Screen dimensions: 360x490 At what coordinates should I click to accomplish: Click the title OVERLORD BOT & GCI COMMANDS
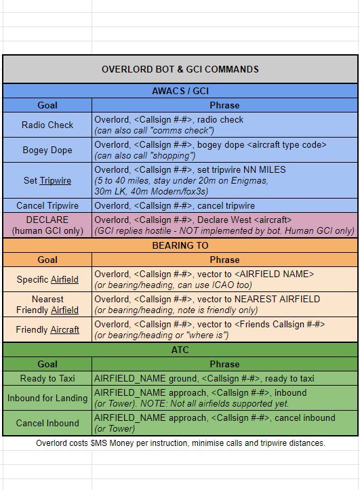tap(180, 69)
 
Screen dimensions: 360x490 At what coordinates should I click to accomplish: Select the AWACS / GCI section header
tap(180, 91)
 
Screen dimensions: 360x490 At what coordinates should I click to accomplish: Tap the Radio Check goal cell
tap(47, 125)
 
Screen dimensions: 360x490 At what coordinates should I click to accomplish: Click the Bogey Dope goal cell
tap(47, 150)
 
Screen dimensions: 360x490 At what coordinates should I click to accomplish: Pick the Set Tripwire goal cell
tap(47, 180)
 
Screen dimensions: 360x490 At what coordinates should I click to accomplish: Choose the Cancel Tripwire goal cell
tap(47, 205)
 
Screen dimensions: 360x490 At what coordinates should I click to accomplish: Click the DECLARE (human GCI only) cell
tap(47, 225)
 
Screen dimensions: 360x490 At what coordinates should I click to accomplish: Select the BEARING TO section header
tap(180, 245)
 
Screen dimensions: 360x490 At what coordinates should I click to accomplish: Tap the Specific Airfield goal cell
tap(47, 279)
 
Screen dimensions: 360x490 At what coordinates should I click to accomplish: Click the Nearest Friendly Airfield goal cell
tap(47, 304)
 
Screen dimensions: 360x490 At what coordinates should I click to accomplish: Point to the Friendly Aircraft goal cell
tap(47, 329)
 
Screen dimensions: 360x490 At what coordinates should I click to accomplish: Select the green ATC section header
tap(180, 350)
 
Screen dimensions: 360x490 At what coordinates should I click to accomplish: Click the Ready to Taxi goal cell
tap(47, 378)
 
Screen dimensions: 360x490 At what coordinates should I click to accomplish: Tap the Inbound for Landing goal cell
tap(47, 398)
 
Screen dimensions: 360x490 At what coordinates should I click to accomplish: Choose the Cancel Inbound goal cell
tap(47, 423)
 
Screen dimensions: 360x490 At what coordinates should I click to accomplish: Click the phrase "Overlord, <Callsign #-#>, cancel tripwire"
tap(174, 205)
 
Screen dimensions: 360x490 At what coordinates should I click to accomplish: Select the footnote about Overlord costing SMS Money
tap(180, 443)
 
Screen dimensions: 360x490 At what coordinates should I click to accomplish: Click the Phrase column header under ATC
tap(224, 364)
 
